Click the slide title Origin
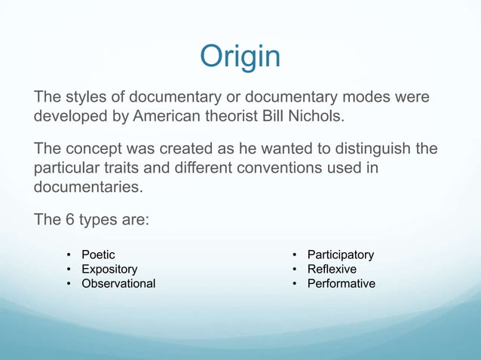coord(240,57)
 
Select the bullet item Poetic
coord(98,255)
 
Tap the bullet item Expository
coord(109,270)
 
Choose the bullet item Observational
coord(118,284)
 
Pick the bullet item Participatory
coord(340,255)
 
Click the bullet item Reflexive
coord(332,270)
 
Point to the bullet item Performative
coord(341,284)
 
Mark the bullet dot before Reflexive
coord(296,270)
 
